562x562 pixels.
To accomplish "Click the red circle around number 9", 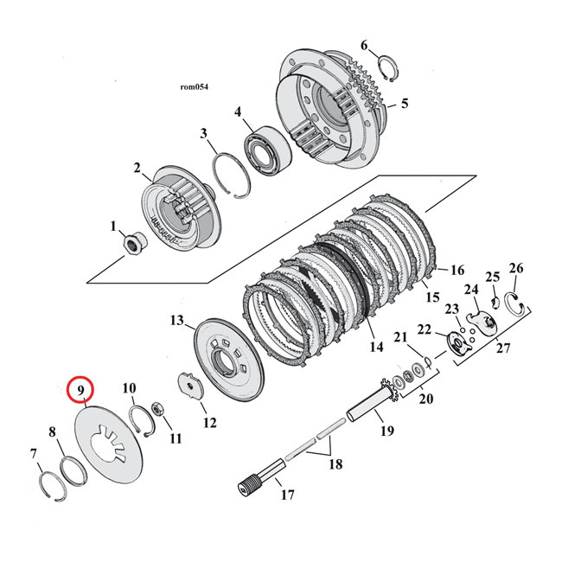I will tap(80, 391).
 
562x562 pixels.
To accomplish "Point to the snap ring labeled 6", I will tap(391, 67).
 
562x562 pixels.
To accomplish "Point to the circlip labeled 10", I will tap(143, 418).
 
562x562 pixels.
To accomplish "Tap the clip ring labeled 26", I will tap(518, 304).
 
